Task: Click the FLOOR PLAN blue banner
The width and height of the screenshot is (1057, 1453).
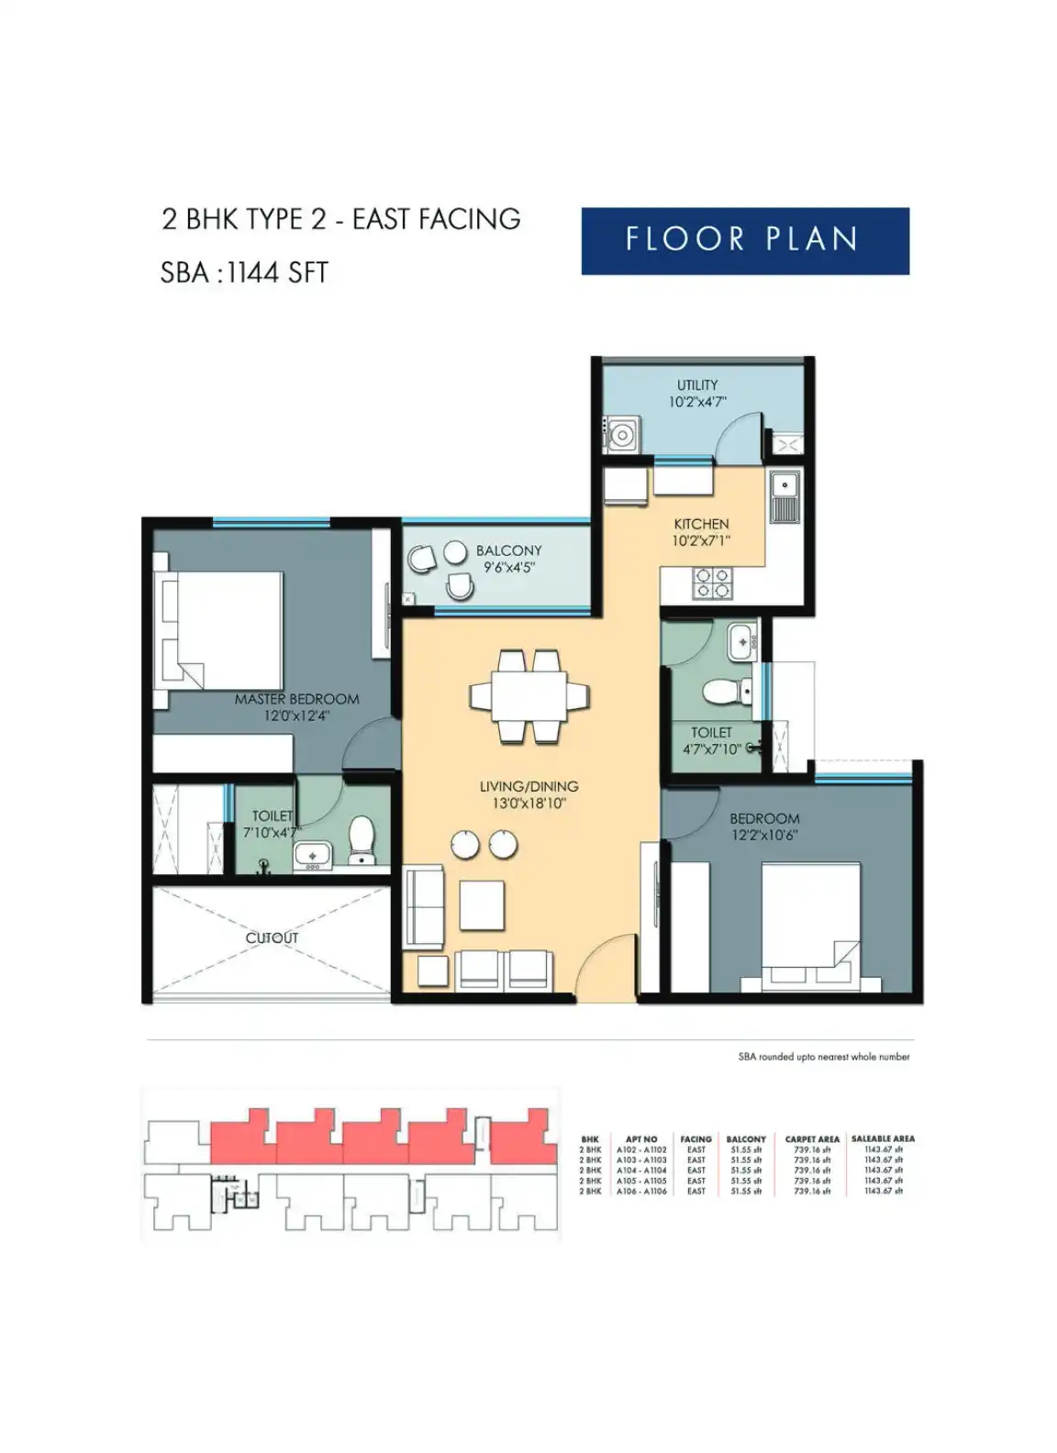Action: (x=744, y=240)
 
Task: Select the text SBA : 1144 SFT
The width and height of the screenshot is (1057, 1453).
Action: (x=244, y=272)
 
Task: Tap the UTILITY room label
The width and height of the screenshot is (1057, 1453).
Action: (x=697, y=385)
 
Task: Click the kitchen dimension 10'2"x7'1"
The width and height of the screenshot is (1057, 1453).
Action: (x=701, y=541)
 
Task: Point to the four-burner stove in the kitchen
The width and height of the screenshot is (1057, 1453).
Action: (x=712, y=583)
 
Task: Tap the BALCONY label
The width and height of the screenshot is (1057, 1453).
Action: (x=508, y=551)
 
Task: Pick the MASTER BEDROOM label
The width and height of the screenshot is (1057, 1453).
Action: (x=296, y=699)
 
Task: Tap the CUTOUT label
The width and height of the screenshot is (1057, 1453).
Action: (x=272, y=937)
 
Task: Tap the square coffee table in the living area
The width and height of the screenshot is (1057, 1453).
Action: (x=482, y=904)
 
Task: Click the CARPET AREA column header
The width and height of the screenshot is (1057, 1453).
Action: (x=812, y=1138)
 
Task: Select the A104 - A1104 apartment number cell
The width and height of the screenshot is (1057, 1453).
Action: (x=641, y=1170)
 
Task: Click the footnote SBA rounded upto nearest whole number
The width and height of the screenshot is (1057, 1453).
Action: (x=824, y=1057)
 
